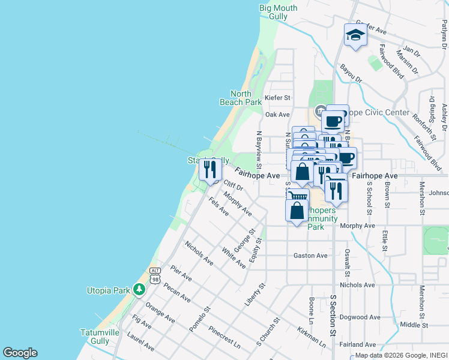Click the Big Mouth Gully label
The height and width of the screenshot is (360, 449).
coord(278,12)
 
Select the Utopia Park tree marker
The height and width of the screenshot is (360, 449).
coord(139,290)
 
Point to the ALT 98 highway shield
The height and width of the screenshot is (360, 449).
coord(155,275)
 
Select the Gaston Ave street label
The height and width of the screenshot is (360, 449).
coord(310,256)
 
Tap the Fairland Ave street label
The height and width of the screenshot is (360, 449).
coord(358,344)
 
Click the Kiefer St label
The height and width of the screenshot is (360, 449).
coord(277,97)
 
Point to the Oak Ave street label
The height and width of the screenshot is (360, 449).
coord(277,114)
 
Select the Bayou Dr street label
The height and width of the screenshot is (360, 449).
coord(351,74)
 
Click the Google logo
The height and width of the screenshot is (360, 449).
coord(20,353)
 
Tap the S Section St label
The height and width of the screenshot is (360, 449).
coord(332,314)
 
